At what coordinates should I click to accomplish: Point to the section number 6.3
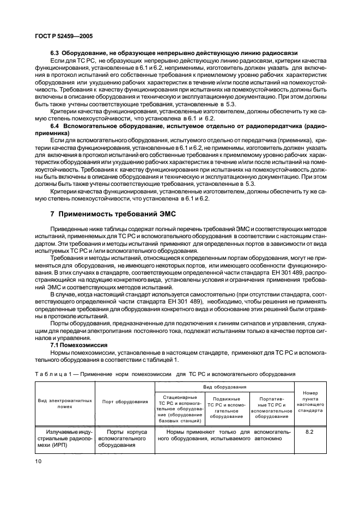pos(54,53)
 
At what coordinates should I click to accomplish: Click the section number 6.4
pos(54,126)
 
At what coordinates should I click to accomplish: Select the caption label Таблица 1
pos(51,374)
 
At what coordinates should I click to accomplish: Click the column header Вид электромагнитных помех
pos(65,402)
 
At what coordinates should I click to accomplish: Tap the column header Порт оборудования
pos(125,402)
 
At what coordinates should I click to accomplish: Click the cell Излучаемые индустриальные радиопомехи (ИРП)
pos(65,438)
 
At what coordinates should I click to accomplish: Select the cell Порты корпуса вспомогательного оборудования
pos(125,438)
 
